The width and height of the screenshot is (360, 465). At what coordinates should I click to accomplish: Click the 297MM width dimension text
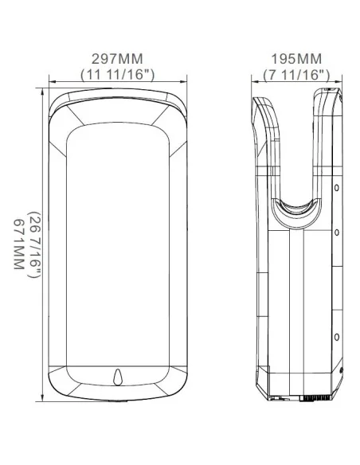click(x=118, y=60)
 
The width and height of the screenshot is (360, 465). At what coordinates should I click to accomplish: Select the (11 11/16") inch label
click(x=118, y=73)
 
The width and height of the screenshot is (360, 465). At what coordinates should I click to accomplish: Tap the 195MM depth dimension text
click(x=296, y=60)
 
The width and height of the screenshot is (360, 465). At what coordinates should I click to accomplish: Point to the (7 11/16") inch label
click(x=296, y=73)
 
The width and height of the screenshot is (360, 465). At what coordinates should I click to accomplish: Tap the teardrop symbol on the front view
click(x=118, y=374)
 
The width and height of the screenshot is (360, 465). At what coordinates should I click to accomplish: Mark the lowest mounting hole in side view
click(x=337, y=336)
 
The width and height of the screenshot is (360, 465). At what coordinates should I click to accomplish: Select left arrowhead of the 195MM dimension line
click(x=253, y=82)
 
